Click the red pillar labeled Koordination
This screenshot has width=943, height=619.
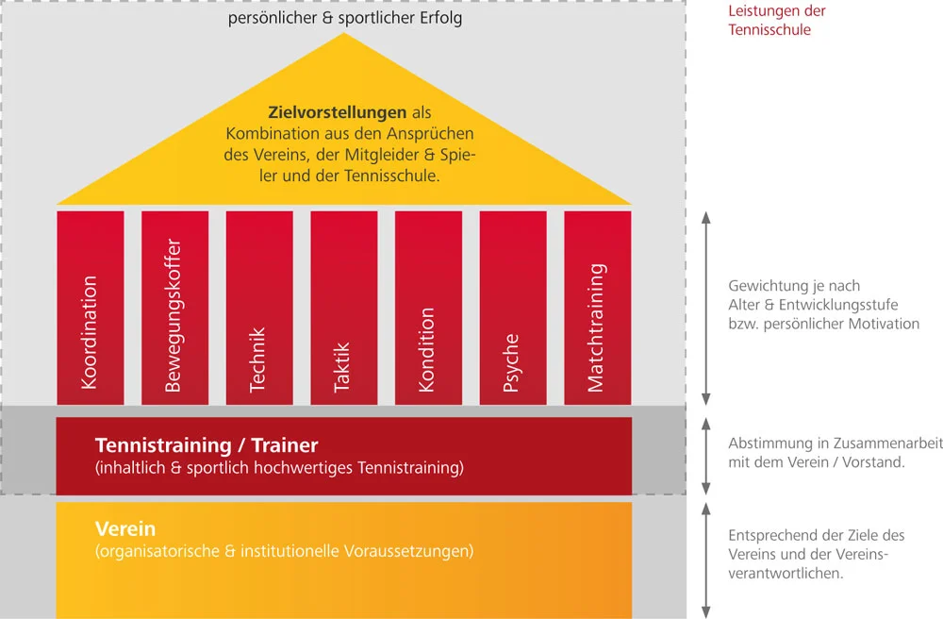coord(91,307)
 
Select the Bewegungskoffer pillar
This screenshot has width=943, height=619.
coord(174,307)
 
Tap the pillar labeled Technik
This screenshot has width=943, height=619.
coord(259,307)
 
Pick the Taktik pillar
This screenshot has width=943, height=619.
coord(343,307)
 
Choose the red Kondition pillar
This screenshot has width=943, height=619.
coord(428,307)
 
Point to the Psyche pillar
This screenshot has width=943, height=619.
coord(513,307)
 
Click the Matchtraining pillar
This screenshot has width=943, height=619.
coord(597,307)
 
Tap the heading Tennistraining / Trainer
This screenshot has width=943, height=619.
coord(207,445)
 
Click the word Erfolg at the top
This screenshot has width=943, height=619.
coord(438,18)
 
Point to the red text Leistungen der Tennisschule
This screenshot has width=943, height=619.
coord(776,21)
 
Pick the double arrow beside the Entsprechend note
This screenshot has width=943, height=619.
coord(707,559)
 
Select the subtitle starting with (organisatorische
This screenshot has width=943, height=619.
coord(284,551)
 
